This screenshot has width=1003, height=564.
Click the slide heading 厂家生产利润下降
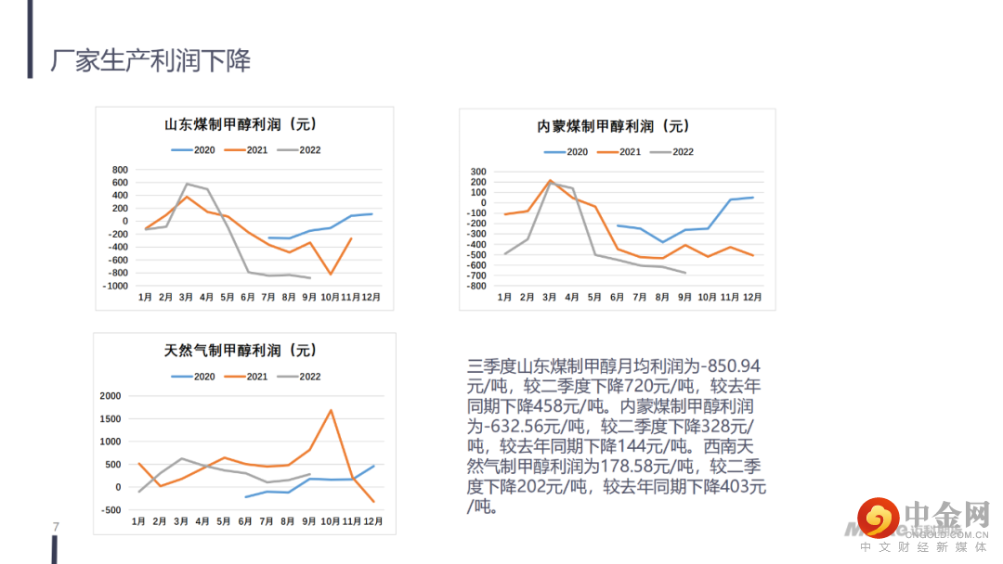click(x=150, y=61)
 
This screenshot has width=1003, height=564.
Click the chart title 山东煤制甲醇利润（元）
click(x=241, y=124)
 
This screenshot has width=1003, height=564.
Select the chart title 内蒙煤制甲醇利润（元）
click(x=614, y=126)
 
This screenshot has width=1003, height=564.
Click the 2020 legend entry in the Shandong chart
click(x=192, y=149)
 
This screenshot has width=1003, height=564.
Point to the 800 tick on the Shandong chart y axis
click(x=119, y=170)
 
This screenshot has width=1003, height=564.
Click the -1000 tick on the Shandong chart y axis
click(x=115, y=287)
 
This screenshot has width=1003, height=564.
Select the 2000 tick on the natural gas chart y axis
click(x=110, y=396)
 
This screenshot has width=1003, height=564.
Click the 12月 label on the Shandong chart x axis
click(x=371, y=297)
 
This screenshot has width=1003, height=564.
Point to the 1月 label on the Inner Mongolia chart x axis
click(x=504, y=297)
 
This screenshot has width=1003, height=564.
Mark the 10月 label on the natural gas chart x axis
click(x=332, y=521)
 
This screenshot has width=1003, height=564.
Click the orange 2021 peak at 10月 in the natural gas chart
click(x=331, y=410)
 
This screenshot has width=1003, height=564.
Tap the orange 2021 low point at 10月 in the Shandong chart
click(x=331, y=275)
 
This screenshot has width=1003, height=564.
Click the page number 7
click(x=56, y=528)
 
